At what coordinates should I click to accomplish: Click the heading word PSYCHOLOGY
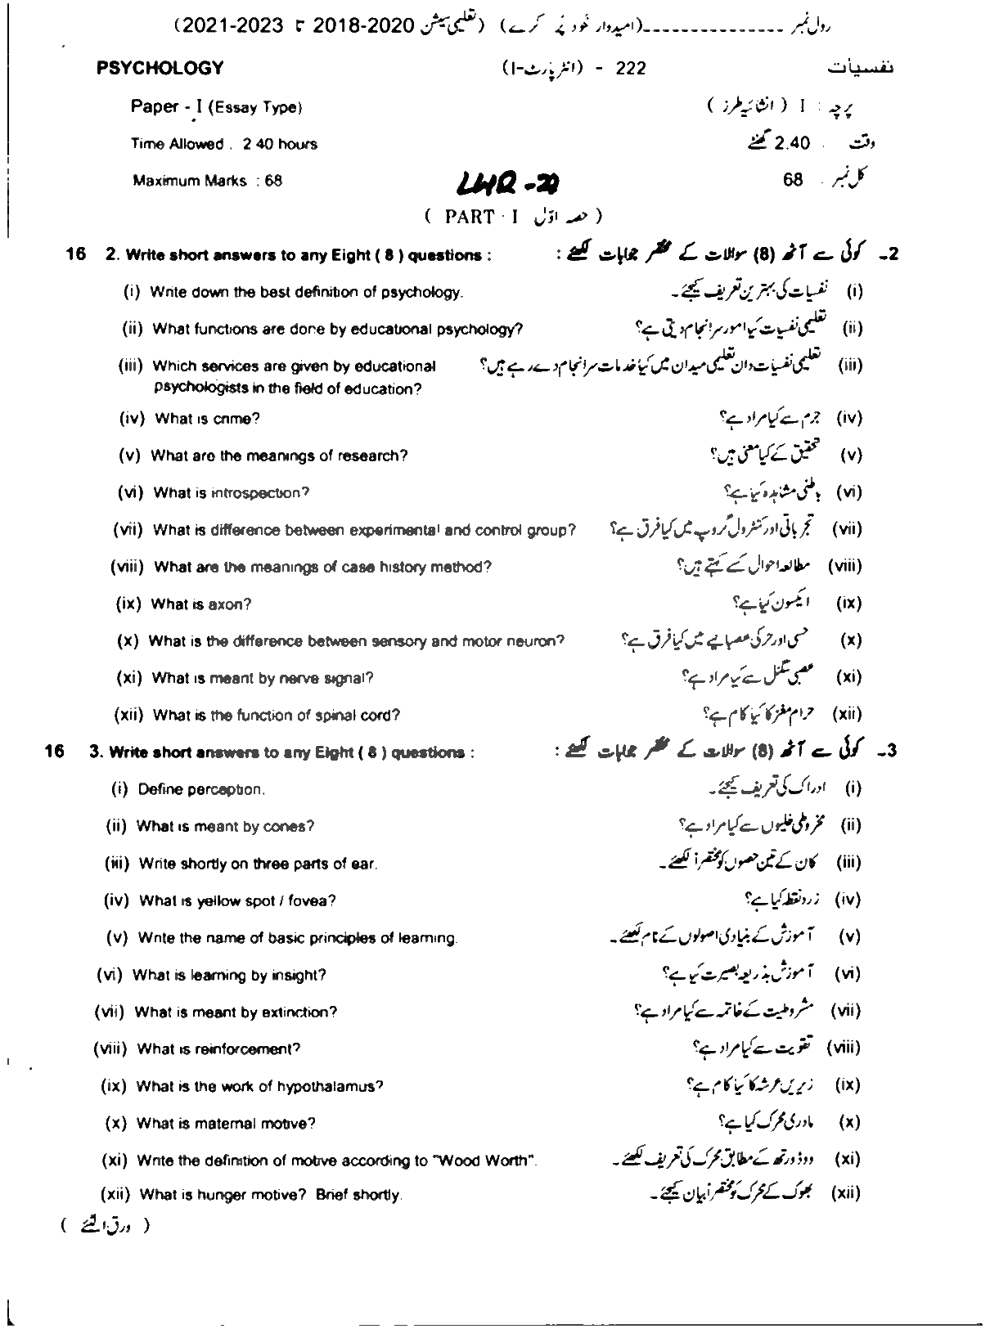coord(160,69)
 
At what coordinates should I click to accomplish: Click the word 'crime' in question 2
coord(236,419)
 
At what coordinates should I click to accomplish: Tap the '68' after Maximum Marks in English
coord(272,182)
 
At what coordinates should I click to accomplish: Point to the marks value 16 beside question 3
coord(54,751)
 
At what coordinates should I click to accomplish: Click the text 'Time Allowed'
coord(178,145)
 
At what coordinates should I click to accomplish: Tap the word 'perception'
coord(225,790)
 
